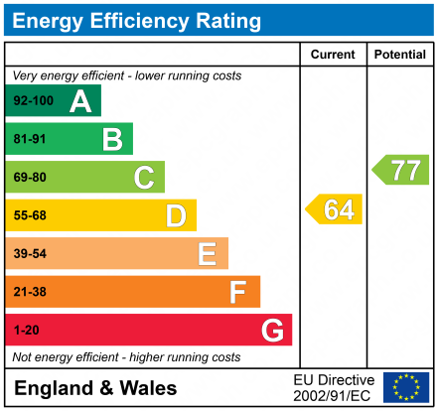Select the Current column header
tap(333, 55)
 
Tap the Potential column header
tap(400, 55)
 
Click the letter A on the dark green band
tap(79, 100)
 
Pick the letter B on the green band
tap(111, 139)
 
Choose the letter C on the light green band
tap(144, 178)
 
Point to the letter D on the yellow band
tap(175, 215)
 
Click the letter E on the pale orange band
tap(207, 254)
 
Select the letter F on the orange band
tap(237, 292)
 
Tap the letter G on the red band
tap(271, 330)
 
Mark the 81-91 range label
tap(30, 139)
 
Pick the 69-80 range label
tap(30, 178)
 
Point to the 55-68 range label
tap(30, 215)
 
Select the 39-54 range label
tap(30, 254)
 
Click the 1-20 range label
tap(27, 330)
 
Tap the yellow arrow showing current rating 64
tap(335, 209)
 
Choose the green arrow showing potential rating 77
tap(401, 170)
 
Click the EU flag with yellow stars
tap(405, 387)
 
